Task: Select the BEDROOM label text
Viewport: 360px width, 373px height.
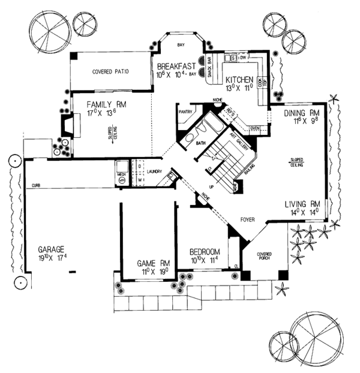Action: (x=205, y=252)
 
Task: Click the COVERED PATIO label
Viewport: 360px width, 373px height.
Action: (x=111, y=71)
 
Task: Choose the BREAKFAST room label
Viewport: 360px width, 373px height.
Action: (x=178, y=67)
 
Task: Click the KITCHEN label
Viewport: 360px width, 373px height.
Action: (x=241, y=80)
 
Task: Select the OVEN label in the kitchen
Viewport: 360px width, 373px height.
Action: (x=254, y=128)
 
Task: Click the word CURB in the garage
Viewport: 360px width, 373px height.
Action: (x=36, y=187)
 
